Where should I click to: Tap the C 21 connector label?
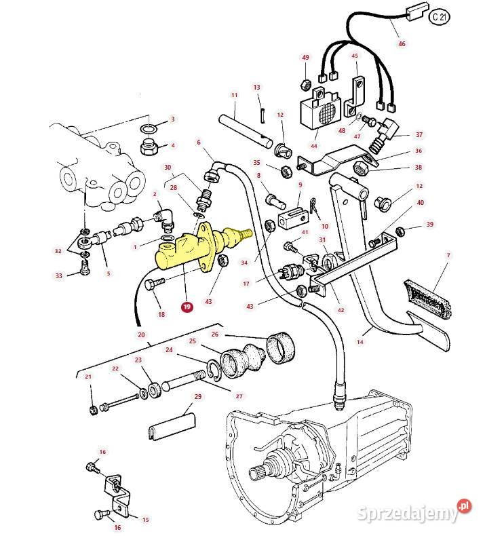pos(439,18)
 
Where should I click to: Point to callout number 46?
pos(402,44)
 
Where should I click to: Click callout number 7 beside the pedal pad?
pos(448,255)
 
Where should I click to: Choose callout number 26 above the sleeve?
pos(215,334)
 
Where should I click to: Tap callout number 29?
pos(198,396)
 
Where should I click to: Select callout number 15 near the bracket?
pos(145,520)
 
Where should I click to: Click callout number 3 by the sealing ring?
pos(172,119)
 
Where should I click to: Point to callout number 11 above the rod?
pos(234,95)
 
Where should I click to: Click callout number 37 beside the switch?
pos(419,135)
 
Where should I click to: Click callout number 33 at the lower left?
pos(58,275)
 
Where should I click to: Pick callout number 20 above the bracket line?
pos(141,334)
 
